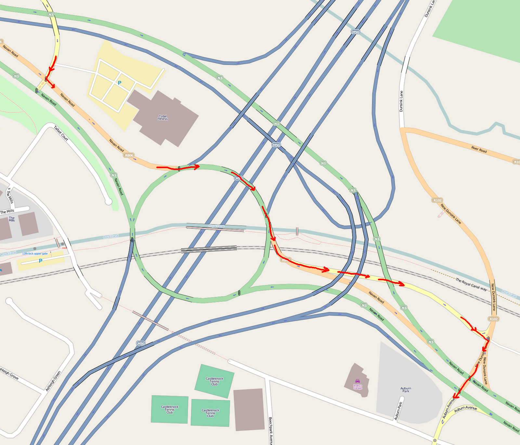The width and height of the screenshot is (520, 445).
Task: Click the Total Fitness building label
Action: pyautogui.click(x=162, y=117)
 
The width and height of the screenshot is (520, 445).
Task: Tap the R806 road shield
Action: pyautogui.click(x=129, y=155)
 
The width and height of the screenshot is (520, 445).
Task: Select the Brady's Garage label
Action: pyautogui.click(x=357, y=386)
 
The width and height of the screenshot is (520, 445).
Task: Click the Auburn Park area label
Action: pyautogui.click(x=406, y=389)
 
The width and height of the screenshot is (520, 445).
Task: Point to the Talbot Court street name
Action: pyautogui.click(x=61, y=133)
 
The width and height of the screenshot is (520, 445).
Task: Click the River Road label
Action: pyautogui.click(x=479, y=150)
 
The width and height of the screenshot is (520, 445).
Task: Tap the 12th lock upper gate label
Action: pyautogui.click(x=35, y=254)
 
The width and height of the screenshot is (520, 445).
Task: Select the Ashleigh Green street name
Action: pyautogui.click(x=53, y=381)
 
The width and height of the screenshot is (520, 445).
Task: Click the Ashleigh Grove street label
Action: pyautogui.click(x=9, y=374)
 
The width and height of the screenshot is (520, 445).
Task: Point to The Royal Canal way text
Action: pyautogui.click(x=471, y=284)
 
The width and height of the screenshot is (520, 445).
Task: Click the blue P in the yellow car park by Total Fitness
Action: pyautogui.click(x=119, y=83)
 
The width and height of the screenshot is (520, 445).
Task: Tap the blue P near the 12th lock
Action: pyautogui.click(x=41, y=261)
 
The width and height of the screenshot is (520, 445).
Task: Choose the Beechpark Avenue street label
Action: pyautogui.click(x=270, y=431)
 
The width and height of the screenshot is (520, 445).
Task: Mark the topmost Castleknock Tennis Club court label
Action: pyautogui.click(x=214, y=381)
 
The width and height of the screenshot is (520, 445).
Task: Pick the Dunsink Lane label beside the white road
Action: pyautogui.click(x=401, y=101)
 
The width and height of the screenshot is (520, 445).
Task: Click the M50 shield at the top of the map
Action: pyautogui.click(x=356, y=32)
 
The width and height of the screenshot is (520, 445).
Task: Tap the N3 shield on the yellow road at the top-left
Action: pyautogui.click(x=50, y=15)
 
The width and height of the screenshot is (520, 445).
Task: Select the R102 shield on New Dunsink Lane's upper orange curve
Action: pyautogui.click(x=437, y=200)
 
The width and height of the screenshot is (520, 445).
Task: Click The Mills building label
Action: pyautogui.click(x=12, y=219)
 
